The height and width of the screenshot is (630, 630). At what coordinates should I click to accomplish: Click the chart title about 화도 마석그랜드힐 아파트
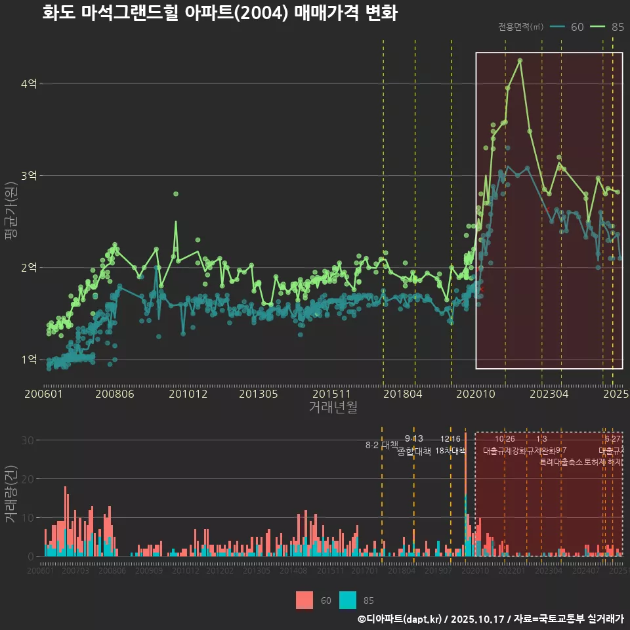tap(219, 13)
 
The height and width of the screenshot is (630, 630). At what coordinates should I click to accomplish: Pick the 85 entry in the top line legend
tap(609, 27)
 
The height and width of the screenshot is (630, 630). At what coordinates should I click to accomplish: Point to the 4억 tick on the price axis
tap(29, 84)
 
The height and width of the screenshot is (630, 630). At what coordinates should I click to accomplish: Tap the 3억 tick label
tap(29, 176)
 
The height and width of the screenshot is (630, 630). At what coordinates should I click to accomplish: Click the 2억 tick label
tap(29, 268)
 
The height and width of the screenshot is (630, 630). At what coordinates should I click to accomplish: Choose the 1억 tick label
tap(29, 360)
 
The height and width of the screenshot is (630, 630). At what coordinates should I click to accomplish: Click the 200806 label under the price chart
tap(115, 394)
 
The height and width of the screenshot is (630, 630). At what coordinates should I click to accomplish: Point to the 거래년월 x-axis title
tap(333, 408)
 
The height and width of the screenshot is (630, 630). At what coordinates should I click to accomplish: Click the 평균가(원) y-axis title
tap(10, 221)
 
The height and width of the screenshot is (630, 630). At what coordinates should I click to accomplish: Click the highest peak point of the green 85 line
tap(520, 60)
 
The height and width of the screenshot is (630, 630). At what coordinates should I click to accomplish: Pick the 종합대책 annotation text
tap(414, 451)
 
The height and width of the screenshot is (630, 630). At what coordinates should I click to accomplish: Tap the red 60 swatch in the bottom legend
tap(304, 600)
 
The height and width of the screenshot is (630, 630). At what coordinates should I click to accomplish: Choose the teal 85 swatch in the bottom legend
tap(348, 600)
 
